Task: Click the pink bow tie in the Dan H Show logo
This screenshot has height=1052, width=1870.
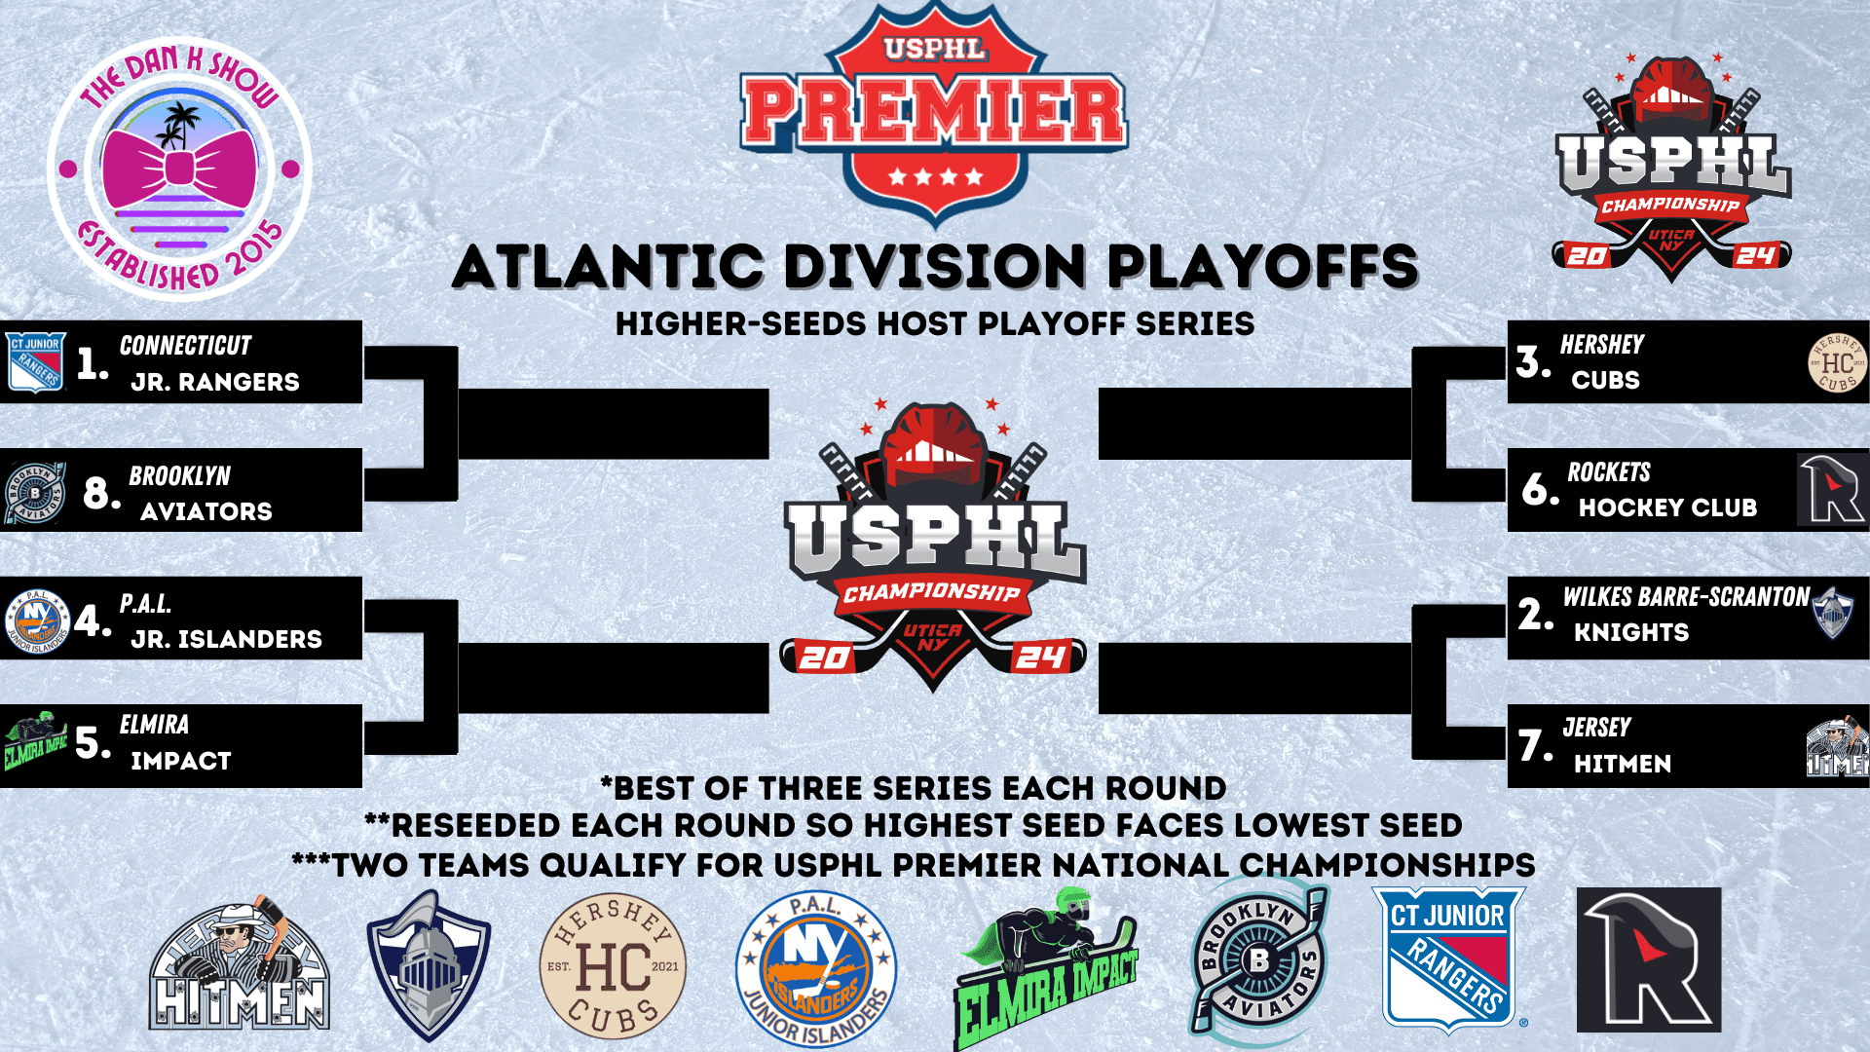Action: coord(179,169)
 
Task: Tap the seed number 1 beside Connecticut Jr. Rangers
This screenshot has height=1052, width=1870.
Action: coord(93,363)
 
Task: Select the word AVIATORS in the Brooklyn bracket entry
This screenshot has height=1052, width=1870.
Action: coord(206,511)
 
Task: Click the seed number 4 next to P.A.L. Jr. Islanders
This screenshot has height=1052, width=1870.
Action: coord(93,620)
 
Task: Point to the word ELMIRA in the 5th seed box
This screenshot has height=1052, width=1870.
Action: coord(154,725)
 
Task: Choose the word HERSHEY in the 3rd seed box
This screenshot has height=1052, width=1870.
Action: coord(1602,345)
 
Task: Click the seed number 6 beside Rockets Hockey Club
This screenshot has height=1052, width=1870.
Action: coord(1541,489)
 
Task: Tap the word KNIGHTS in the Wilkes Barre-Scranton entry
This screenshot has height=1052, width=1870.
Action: coord(1631,632)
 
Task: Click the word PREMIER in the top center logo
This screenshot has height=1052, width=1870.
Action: coord(934,111)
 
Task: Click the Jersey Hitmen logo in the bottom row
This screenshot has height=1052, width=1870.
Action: coord(240,964)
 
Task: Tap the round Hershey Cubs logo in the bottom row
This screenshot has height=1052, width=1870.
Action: coord(613,966)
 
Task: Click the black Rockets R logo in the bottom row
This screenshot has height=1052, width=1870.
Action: coord(1649,959)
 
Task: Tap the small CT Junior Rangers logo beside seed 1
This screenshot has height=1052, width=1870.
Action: coord(36,362)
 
